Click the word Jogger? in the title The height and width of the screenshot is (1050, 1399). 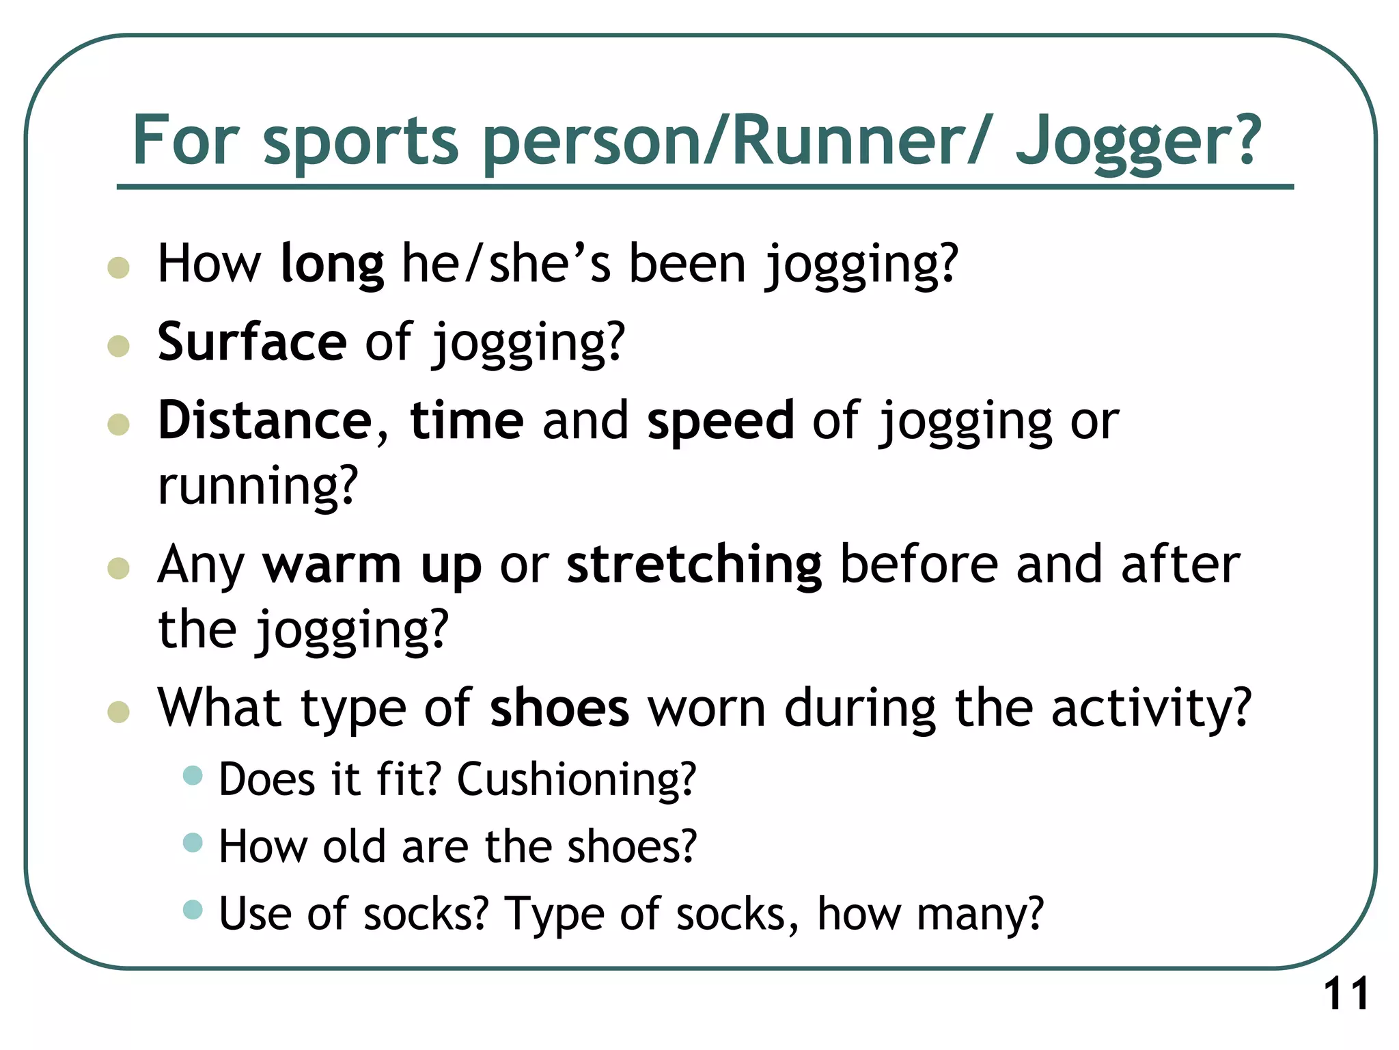click(1137, 142)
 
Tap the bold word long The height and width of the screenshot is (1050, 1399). click(332, 265)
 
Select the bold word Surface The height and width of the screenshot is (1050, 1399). click(252, 342)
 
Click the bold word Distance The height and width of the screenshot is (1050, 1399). click(265, 421)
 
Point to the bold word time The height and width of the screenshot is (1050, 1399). click(467, 421)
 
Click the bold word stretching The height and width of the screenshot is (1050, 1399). click(694, 566)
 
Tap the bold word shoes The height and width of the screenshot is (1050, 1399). click(559, 709)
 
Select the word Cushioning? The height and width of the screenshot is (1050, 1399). click(577, 780)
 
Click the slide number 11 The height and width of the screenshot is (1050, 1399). click(1346, 994)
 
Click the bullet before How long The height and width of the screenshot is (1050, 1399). click(119, 267)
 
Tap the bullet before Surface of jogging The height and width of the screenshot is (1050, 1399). click(119, 346)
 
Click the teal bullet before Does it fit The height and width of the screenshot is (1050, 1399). click(193, 776)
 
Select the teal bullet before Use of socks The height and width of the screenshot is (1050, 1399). click(193, 910)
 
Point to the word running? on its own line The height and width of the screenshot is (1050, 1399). click(258, 487)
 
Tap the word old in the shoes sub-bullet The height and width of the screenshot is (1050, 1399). click(354, 847)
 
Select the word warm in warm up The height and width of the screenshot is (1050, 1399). click(332, 566)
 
